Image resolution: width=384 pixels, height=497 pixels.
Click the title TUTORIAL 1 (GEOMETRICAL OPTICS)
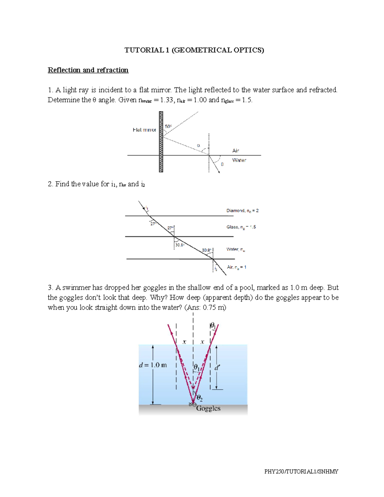194,50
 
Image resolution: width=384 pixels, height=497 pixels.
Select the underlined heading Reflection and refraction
88,70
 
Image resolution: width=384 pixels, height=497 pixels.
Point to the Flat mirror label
144,130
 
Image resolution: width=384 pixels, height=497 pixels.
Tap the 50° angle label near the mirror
168,126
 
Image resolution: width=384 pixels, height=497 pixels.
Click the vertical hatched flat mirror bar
161,142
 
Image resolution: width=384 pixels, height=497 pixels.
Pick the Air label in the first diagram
236,151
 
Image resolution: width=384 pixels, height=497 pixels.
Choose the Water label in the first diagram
239,160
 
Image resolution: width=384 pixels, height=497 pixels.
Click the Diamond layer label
242,211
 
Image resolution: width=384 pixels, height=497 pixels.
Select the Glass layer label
241,227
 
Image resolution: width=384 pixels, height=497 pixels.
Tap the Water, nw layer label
236,249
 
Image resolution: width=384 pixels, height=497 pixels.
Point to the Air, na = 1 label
236,267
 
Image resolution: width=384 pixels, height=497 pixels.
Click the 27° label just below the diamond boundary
154,224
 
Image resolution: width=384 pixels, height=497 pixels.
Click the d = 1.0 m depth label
153,365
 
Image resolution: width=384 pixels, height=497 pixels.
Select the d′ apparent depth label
217,368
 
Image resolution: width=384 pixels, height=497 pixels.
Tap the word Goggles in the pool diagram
208,408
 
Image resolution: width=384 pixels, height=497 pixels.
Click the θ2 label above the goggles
199,398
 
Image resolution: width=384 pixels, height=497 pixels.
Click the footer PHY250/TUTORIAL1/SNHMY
301,471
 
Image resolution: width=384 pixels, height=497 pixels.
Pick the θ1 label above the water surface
213,326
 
